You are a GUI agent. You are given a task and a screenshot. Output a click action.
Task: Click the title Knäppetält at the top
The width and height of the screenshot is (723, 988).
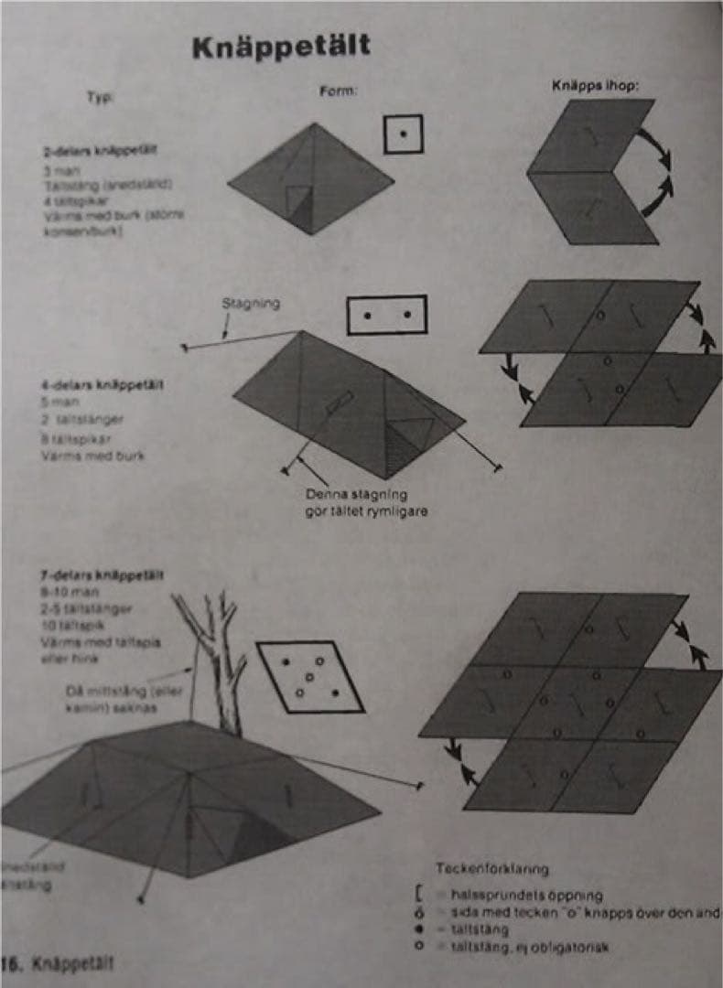click(281, 48)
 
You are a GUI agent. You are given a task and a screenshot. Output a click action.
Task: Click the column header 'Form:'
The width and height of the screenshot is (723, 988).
click(338, 91)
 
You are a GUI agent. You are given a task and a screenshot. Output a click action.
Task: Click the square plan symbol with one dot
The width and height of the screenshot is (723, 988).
click(403, 134)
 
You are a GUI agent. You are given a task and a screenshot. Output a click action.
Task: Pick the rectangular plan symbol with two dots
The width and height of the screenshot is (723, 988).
click(386, 315)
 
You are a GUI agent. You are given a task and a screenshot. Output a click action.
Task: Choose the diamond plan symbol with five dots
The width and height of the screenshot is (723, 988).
click(309, 676)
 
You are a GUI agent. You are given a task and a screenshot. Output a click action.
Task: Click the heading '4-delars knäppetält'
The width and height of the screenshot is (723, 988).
click(96, 385)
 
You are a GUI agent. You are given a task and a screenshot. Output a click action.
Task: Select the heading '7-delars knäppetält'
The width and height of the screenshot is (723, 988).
click(102, 575)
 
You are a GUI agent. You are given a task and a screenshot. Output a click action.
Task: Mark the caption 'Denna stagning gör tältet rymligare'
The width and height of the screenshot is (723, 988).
click(365, 502)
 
